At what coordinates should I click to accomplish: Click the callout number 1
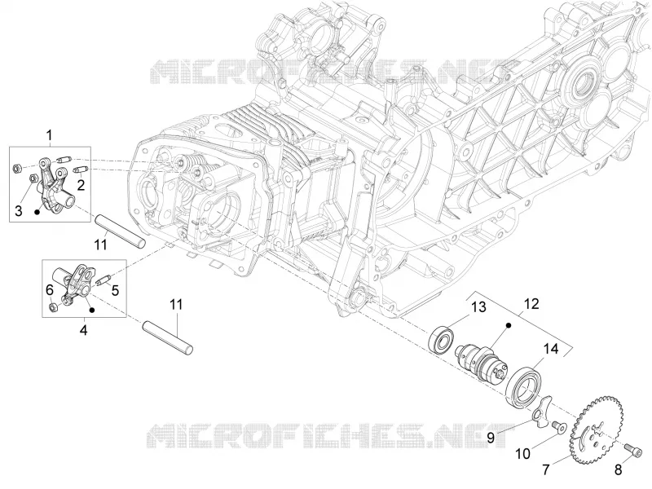(x=50, y=135)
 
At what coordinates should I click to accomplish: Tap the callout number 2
(x=81, y=184)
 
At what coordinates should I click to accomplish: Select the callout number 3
(x=18, y=210)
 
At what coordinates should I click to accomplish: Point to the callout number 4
(x=84, y=330)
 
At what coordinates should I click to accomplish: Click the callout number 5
(x=115, y=290)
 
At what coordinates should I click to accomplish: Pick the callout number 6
(x=50, y=289)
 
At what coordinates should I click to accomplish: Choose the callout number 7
(x=545, y=470)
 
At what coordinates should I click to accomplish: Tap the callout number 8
(x=619, y=470)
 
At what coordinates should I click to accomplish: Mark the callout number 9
(x=491, y=438)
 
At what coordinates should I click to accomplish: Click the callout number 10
(x=523, y=454)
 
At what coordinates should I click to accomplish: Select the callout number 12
(x=532, y=303)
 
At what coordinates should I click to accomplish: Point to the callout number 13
(x=478, y=307)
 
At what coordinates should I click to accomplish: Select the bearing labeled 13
(x=441, y=340)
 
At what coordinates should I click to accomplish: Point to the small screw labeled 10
(x=558, y=426)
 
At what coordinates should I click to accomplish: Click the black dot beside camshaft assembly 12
(x=509, y=324)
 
